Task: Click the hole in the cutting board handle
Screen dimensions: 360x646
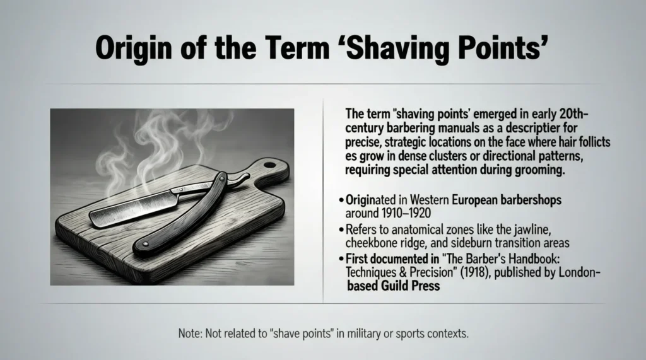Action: click(269, 165)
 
